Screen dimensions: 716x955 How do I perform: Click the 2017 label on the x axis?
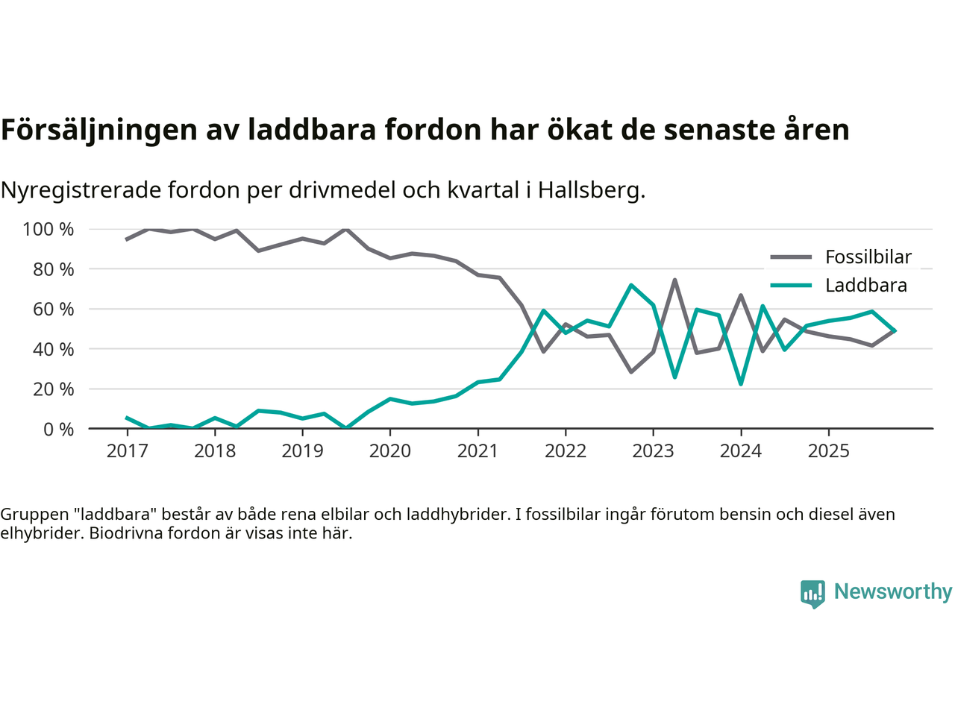pos(127,451)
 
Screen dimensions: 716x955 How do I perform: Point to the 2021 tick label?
pos(477,451)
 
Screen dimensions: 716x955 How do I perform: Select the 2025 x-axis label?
pos(828,451)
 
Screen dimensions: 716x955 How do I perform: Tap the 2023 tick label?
pos(653,451)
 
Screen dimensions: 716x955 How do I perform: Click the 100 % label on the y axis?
pos(48,230)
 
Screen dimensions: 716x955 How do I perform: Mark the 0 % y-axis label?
pos(58,429)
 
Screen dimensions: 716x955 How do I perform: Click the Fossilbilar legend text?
pos(868,257)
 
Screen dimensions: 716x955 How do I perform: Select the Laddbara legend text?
pos(866,286)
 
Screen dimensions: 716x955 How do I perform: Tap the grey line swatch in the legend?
pos(791,257)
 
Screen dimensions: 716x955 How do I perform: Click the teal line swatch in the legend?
pos(791,286)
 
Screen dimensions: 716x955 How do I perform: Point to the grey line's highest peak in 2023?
pos(674,280)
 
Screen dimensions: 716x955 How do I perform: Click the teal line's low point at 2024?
pos(740,383)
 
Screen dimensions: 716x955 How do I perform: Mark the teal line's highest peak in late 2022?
pos(631,285)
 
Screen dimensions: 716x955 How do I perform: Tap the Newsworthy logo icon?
pos(812,594)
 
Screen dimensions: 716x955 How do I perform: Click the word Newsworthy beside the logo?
pos(893,591)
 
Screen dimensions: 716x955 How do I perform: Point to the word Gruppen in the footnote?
pos(32,514)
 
